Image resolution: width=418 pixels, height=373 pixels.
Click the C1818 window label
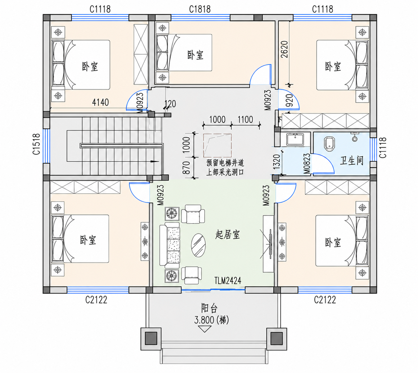coord(200,9)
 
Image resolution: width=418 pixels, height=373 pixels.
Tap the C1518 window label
coord(36,144)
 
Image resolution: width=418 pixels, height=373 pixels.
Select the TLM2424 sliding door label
coord(227,281)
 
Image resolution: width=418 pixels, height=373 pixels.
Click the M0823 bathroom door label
coord(307,164)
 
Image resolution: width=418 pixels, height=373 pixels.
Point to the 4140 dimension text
coord(100,102)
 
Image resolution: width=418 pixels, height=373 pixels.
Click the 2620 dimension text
coord(284,49)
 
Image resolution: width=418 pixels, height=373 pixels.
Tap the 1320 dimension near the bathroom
coord(277,162)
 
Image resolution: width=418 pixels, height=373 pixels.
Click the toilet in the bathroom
coord(329,143)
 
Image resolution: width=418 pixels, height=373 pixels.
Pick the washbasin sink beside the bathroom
coord(295,139)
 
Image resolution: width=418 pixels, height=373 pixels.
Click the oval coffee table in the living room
coord(198,245)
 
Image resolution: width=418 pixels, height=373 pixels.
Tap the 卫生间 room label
coord(352,161)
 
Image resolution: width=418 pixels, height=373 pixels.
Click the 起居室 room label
coord(227,235)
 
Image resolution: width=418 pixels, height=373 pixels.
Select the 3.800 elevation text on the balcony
coord(204,320)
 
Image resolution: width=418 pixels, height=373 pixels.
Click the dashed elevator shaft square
coord(217,146)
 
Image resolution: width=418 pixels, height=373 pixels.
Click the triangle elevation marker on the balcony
coord(204,329)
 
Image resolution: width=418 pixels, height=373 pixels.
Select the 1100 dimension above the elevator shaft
coord(245,120)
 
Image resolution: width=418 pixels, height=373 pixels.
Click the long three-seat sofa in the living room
coord(169,245)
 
